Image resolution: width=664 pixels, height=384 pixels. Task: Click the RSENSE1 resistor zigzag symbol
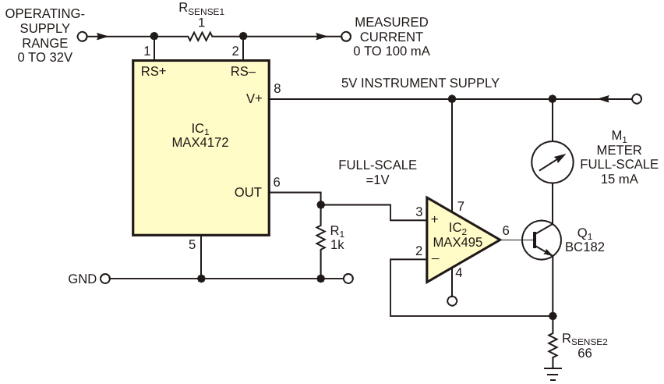200,37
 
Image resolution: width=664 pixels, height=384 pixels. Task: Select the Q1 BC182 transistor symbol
542,240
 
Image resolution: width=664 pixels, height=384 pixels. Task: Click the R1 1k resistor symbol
321,239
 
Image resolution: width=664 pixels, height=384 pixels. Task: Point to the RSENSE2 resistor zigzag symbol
553,346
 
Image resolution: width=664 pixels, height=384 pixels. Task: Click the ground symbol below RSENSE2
553,373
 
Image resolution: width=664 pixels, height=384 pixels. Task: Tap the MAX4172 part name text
200,142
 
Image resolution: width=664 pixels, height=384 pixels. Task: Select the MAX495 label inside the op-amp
457,242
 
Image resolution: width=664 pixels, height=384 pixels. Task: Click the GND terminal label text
82,279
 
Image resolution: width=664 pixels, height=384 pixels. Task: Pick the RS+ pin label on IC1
154,72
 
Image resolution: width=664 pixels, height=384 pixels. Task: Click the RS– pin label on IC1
243,72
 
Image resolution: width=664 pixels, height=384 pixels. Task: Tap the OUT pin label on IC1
248,192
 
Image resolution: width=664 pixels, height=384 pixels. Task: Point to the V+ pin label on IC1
254,99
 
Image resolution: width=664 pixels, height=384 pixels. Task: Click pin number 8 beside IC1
277,88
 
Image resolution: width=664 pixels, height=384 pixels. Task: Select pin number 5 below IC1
192,244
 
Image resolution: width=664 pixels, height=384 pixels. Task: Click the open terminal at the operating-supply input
82,37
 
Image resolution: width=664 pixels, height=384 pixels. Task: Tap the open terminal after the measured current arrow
346,37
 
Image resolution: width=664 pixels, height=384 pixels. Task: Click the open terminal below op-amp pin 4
452,301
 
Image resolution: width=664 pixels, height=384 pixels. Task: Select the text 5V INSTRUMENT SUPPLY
420,84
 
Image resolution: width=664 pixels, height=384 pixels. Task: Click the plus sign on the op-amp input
434,219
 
